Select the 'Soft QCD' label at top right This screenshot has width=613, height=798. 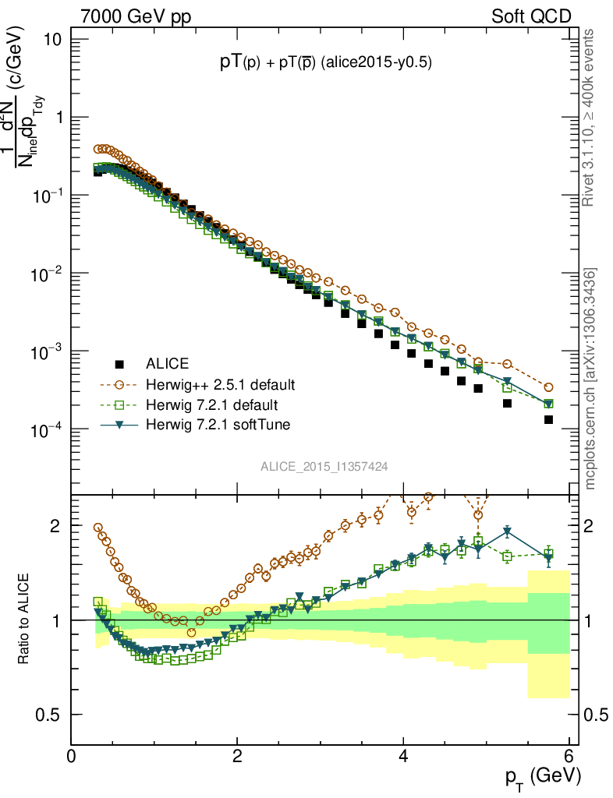[530, 16]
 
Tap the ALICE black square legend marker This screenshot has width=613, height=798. [119, 364]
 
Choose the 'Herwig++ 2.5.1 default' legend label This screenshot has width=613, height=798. [220, 385]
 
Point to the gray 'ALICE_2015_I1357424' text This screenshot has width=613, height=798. [324, 466]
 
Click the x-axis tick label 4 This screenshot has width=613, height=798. [403, 756]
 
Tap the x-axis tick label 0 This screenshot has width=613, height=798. [71, 756]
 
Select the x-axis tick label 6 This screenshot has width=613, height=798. [569, 756]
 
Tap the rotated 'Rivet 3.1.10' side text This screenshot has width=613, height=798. [590, 117]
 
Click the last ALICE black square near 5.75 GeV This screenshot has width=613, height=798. [548, 419]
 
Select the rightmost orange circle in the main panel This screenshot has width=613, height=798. [548, 387]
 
